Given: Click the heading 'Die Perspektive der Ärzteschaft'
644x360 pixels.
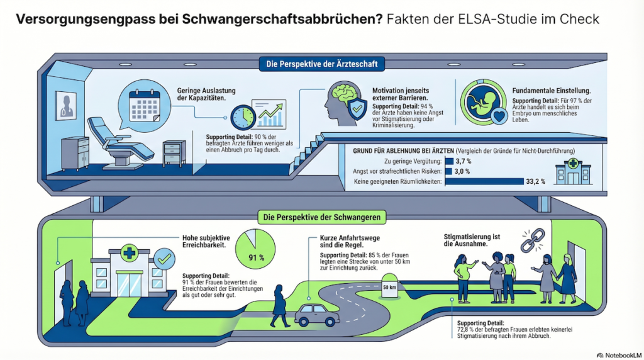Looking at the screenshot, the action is click(321, 64).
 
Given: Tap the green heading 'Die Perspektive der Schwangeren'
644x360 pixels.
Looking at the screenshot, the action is click(321, 217).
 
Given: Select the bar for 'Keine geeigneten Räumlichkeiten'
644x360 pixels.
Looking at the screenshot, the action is click(484, 181).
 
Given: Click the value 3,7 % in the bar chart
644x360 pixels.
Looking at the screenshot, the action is click(464, 162).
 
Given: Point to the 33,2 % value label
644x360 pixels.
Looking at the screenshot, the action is click(536, 181).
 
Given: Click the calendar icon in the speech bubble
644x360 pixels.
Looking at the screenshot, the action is click(145, 106).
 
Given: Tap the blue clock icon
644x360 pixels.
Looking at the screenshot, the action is click(243, 118).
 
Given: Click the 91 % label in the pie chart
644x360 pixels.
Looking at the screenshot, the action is click(257, 257).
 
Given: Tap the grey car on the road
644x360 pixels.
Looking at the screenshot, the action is click(317, 315).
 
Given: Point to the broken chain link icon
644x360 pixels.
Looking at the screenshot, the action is click(533, 240).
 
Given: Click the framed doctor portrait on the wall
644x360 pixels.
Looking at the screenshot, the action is click(65, 106).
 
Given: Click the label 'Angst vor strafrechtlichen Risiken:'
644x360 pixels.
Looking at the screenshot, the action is click(397, 171).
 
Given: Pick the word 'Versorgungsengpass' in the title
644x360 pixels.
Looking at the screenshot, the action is click(86, 20).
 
